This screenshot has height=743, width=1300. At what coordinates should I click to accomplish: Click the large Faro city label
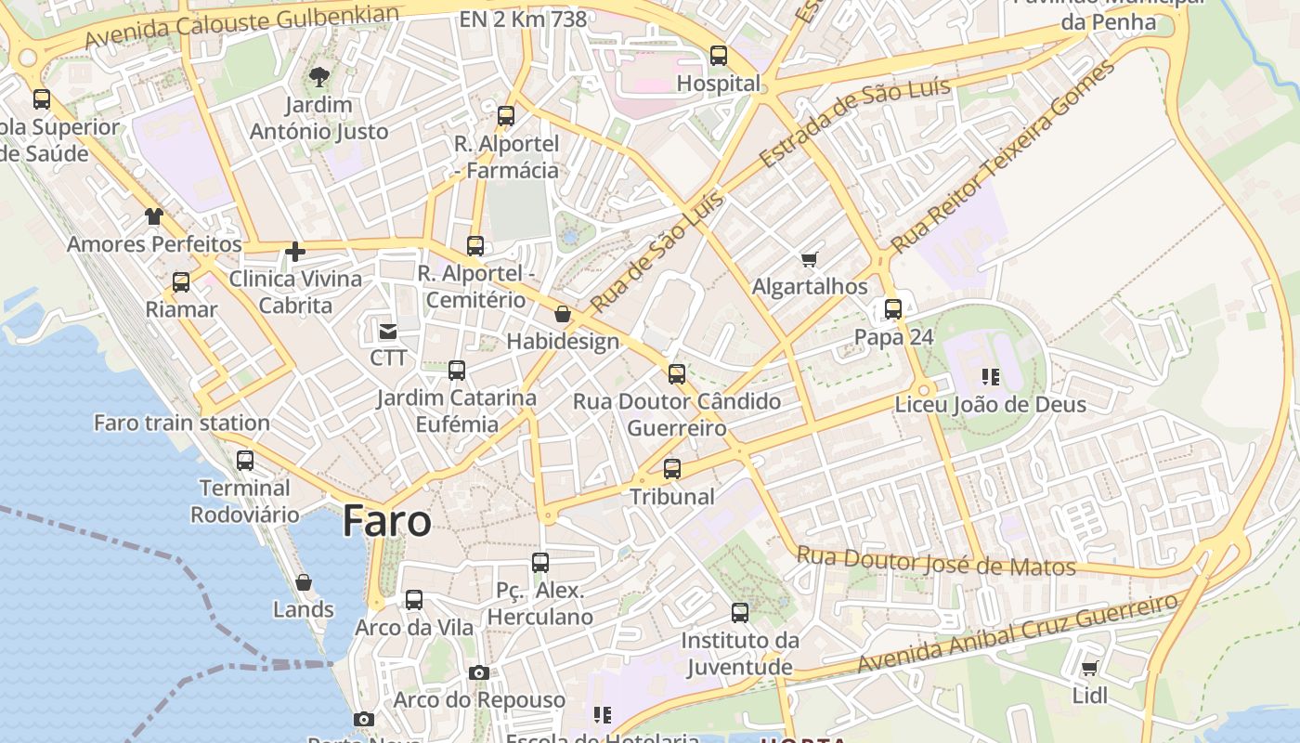387,521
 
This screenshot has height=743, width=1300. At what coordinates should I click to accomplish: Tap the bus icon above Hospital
719,56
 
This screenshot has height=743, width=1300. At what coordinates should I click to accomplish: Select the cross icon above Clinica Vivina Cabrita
295,251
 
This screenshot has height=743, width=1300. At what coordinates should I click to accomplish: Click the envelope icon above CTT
387,331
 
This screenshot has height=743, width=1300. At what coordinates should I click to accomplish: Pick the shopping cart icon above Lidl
1090,669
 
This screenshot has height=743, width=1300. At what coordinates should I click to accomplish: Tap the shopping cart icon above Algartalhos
810,259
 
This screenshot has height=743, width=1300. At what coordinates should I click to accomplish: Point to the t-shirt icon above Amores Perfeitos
153,216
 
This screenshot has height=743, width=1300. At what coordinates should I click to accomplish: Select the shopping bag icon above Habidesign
563,314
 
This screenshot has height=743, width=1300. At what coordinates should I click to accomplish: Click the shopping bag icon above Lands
304,582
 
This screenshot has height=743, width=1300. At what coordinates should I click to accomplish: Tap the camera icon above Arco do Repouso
479,672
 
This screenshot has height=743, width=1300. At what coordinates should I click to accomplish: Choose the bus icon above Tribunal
672,469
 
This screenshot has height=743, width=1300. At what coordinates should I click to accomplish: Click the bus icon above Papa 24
893,309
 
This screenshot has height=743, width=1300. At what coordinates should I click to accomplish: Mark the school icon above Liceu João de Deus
991,377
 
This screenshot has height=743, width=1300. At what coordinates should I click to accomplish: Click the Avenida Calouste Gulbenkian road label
241,26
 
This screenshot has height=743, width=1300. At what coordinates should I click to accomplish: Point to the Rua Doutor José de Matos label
936,561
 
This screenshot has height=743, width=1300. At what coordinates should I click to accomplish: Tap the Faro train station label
182,423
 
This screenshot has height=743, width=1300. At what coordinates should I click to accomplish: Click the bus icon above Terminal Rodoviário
245,460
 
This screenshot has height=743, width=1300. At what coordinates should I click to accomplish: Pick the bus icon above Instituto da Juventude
740,613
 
